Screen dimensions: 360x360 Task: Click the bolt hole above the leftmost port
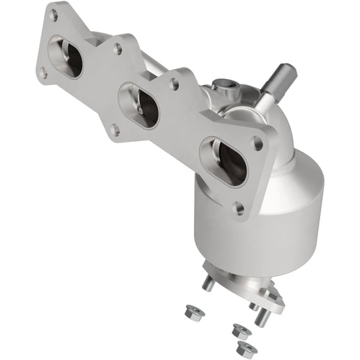[x=53, y=14]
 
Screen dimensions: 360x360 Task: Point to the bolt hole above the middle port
[x=119, y=49]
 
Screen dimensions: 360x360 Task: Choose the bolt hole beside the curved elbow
[x=257, y=143]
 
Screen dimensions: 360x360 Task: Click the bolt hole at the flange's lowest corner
[x=239, y=208]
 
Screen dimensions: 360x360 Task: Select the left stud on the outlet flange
[x=208, y=283]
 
